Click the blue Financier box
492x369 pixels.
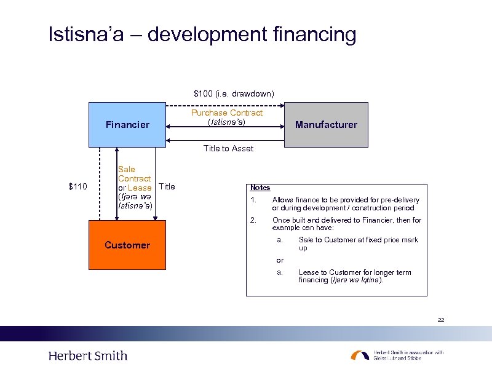127,125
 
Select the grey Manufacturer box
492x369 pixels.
326,125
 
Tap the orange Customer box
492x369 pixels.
127,245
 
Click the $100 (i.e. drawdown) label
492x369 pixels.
234,93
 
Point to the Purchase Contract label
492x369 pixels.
227,113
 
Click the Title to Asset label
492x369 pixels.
228,148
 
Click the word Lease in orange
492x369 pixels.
140,188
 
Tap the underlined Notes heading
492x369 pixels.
260,188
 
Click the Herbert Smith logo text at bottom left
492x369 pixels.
88,355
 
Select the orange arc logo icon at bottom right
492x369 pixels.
360,355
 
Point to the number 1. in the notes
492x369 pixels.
253,200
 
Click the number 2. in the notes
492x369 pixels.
253,220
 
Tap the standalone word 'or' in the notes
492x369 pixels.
280,260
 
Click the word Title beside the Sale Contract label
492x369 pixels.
167,186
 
